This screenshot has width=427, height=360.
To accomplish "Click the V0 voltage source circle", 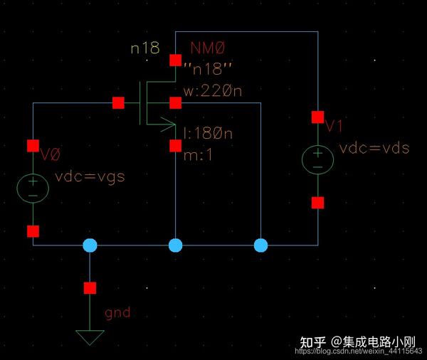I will [33, 189].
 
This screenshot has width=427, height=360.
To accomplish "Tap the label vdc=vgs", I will [90, 176].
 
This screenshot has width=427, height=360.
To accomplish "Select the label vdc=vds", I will [374, 148].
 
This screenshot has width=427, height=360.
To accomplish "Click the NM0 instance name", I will [208, 48].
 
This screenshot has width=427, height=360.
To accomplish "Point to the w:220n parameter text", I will [213, 91].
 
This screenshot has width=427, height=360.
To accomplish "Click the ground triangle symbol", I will [90, 337].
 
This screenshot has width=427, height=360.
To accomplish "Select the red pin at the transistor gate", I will [118, 103].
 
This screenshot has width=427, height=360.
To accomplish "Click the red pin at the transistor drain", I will [175, 60].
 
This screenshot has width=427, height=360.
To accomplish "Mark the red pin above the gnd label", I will [90, 288].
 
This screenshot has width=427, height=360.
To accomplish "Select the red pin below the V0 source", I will [33, 231].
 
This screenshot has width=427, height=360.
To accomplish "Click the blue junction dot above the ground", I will [90, 245].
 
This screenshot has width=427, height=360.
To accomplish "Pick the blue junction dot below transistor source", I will [175, 245].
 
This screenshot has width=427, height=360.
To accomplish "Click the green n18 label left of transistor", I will [145, 48].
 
